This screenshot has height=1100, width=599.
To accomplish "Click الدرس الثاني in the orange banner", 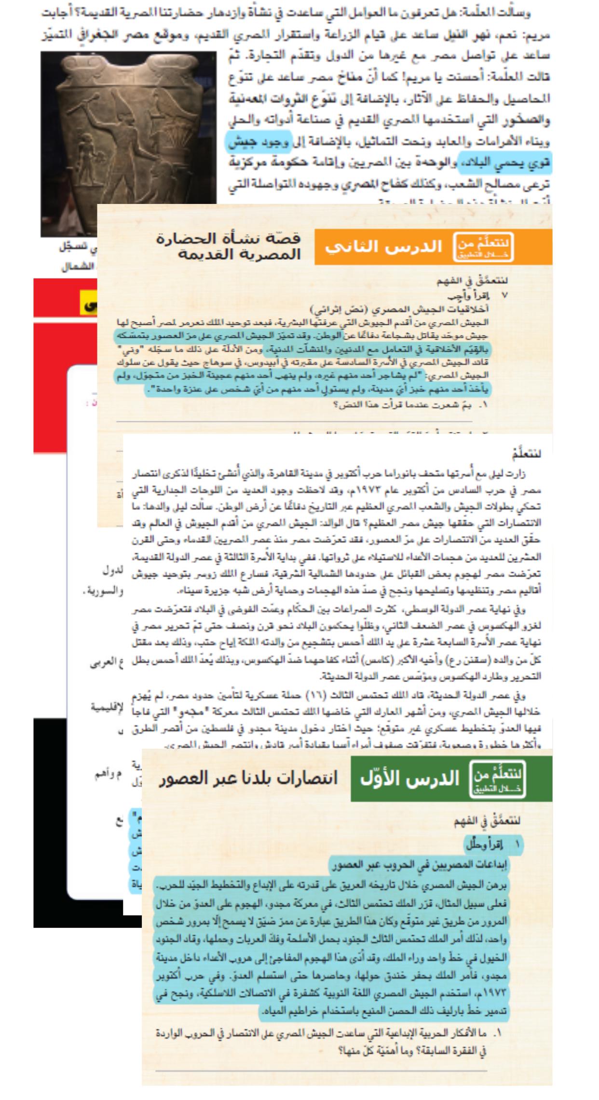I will pyautogui.click(x=384, y=247).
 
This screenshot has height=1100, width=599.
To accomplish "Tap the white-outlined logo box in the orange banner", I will pyautogui.click(x=484, y=247).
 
